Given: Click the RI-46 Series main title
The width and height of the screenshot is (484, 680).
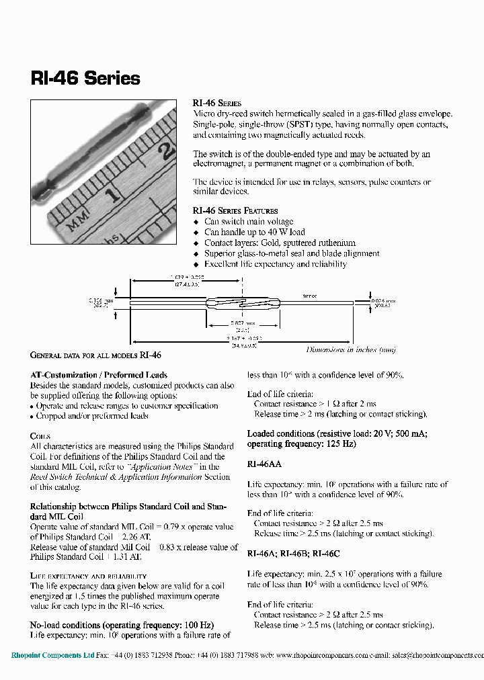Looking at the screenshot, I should pos(85,79).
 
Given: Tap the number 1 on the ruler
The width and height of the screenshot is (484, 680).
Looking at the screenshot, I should pos(114,196).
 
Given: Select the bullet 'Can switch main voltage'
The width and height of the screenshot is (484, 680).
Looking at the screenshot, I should pos(249,222).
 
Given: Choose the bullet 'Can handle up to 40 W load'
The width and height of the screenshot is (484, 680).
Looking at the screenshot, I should pos(254,232).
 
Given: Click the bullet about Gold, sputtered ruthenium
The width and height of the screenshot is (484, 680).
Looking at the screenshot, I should pos(280,243).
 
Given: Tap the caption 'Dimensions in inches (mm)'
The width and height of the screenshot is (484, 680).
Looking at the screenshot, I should pos(351,349).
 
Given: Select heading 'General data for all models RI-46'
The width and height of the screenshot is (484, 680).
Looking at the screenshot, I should pos(96,355).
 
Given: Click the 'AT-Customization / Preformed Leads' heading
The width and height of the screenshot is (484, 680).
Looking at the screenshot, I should pos(99,375).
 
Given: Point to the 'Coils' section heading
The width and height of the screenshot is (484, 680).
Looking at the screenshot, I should pos(40,436).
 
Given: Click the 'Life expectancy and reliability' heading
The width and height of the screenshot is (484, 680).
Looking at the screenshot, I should pos(88,576).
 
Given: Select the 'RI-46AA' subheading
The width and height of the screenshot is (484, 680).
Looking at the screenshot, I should pos(264,464).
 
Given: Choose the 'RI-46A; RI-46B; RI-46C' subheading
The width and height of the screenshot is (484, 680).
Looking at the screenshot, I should pos(293,554).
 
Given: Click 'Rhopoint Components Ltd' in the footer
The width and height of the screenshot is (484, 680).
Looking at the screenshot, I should pos(53,655).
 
